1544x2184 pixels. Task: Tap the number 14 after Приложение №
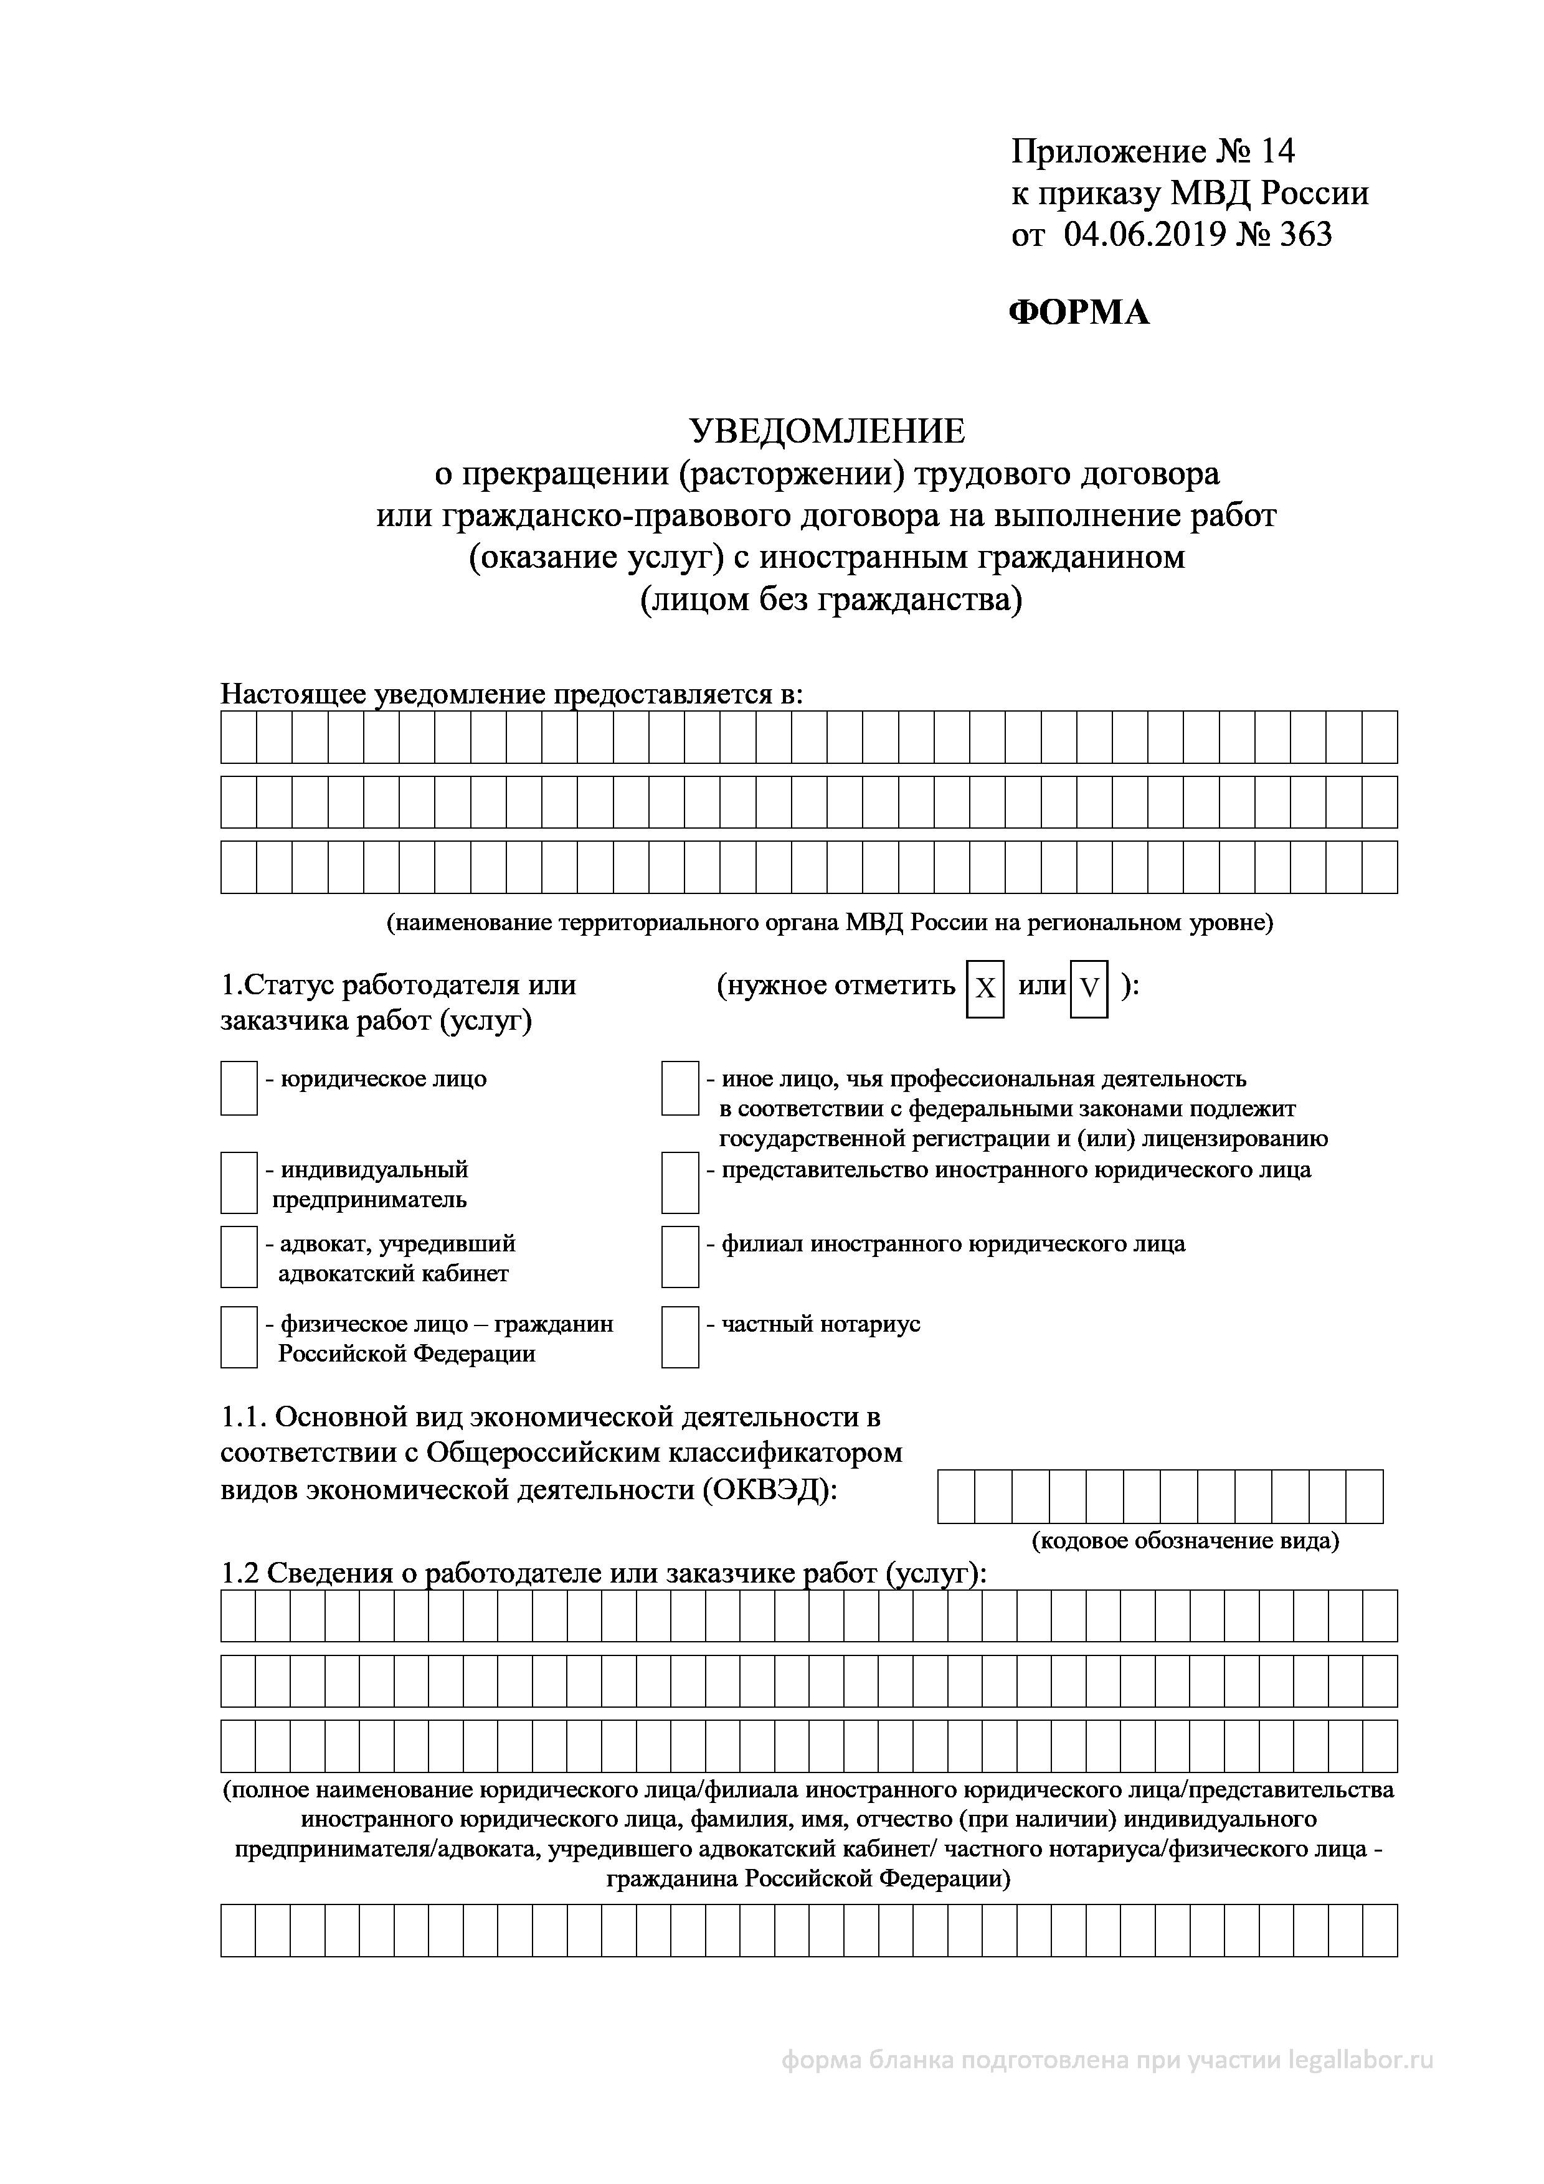[1277, 151]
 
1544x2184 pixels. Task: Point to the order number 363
[1305, 234]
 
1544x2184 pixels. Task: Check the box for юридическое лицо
[239, 1088]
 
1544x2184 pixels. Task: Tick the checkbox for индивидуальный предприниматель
[239, 1182]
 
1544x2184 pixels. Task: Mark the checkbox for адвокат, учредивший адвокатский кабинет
[239, 1256]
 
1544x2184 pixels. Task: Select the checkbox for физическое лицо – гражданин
[239, 1337]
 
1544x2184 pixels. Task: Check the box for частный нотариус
[680, 1337]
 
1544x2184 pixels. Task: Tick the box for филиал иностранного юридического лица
[680, 1256]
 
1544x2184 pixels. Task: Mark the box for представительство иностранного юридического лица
[680, 1182]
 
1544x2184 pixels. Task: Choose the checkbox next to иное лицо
[680, 1088]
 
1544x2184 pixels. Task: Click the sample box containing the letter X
[985, 989]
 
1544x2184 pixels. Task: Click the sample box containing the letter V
[1088, 989]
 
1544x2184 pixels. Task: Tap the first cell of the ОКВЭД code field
[956, 1496]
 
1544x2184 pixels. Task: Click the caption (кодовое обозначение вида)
[1185, 1540]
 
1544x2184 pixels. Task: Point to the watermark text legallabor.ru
[1360, 2060]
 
